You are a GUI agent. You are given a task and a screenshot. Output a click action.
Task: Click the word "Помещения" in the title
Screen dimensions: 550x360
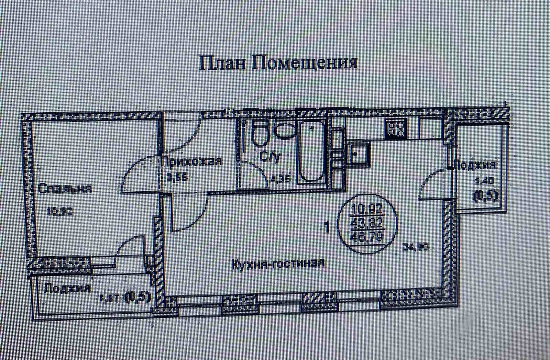click(x=305, y=63)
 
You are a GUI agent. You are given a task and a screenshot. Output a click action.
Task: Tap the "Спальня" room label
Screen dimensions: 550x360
click(x=65, y=189)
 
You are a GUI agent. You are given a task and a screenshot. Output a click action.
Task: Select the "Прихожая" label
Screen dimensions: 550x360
click(x=192, y=161)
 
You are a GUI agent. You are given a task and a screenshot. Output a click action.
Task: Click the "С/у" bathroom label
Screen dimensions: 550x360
click(x=271, y=157)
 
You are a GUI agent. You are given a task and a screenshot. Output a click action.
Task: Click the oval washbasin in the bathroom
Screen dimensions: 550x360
click(x=285, y=130)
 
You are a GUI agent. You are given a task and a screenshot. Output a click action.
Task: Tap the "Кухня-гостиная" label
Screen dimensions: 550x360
click(x=278, y=264)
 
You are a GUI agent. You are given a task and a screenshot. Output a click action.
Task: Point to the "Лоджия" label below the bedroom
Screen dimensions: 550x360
click(x=67, y=288)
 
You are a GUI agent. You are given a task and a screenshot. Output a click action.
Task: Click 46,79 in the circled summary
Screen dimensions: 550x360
click(x=368, y=237)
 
